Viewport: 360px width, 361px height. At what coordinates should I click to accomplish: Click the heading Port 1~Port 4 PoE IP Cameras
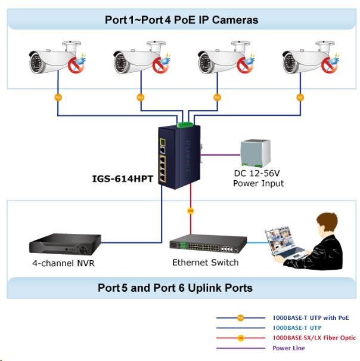(x=181, y=20)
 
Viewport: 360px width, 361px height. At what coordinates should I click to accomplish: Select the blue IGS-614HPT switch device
(x=179, y=157)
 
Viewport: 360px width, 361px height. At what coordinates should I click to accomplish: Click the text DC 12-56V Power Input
(x=258, y=178)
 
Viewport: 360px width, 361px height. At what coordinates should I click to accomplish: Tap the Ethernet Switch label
(x=206, y=263)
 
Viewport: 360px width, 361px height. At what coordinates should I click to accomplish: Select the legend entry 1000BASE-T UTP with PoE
(x=310, y=318)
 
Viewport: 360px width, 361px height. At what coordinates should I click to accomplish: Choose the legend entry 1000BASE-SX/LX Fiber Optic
(x=314, y=338)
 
